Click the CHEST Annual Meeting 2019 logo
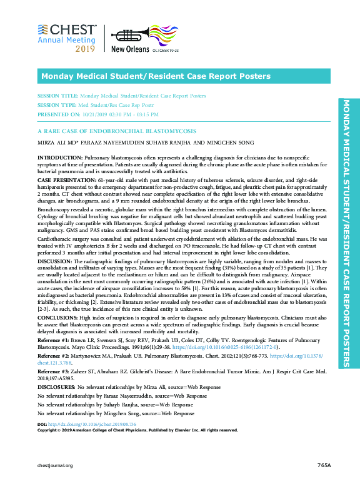[x=67, y=38]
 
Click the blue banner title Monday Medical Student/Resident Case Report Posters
[x=156, y=76]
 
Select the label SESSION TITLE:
[x=57, y=96]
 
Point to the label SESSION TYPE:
[x=57, y=106]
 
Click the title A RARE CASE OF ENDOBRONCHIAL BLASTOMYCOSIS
[x=117, y=133]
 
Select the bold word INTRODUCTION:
[x=60, y=158]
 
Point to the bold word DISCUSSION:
[x=56, y=279]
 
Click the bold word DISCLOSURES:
[x=56, y=388]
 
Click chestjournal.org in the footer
[x=56, y=466]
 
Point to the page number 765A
[x=324, y=466]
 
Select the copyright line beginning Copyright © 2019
[x=137, y=430]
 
